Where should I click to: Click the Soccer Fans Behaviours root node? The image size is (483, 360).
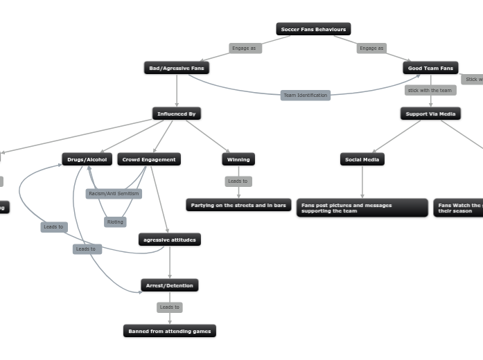[x=313, y=29]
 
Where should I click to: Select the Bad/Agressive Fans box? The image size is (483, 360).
[x=177, y=68]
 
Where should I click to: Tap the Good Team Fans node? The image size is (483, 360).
[x=430, y=68]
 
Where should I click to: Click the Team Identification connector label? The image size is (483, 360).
[x=306, y=95]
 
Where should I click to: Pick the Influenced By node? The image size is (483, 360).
[x=177, y=114]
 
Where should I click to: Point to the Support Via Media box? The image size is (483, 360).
[x=430, y=114]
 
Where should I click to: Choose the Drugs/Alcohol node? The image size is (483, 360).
[x=87, y=159]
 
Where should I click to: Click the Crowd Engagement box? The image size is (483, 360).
[x=149, y=159]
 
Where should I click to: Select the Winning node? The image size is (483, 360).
[x=238, y=159]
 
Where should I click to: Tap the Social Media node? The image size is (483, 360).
[x=362, y=159]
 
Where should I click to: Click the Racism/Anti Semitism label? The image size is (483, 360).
[x=114, y=194]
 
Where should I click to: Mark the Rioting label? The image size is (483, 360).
[x=115, y=222]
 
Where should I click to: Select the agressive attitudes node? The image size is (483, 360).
[x=170, y=240]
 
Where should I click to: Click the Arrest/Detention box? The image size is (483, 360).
[x=170, y=285]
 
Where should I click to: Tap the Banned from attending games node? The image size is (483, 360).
[x=170, y=331]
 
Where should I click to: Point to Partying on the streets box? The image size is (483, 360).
[x=238, y=205]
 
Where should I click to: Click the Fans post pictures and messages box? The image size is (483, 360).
[x=362, y=208]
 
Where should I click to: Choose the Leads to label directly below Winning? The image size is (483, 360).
[x=238, y=181]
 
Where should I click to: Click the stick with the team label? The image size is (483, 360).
[x=430, y=90]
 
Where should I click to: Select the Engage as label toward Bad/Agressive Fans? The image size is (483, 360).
[x=245, y=48]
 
